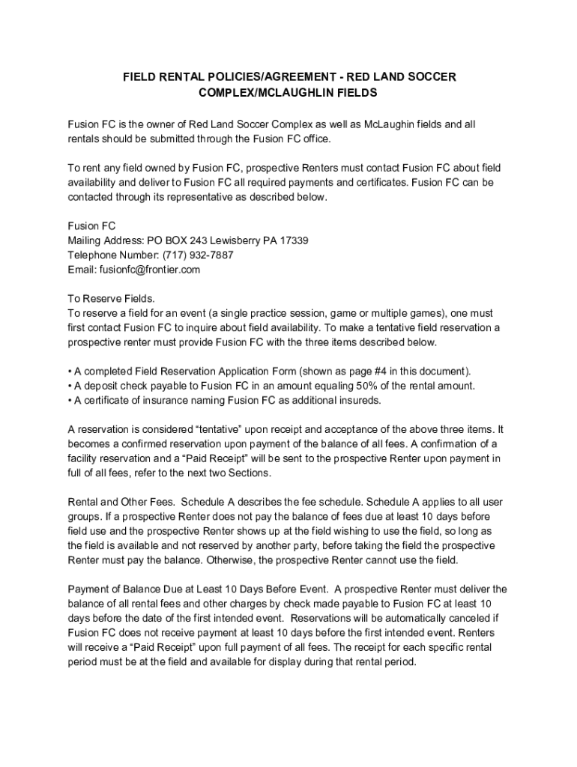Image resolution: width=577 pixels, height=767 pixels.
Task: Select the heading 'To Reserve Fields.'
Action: point(111,298)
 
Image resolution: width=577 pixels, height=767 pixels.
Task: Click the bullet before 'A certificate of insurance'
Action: point(70,400)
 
